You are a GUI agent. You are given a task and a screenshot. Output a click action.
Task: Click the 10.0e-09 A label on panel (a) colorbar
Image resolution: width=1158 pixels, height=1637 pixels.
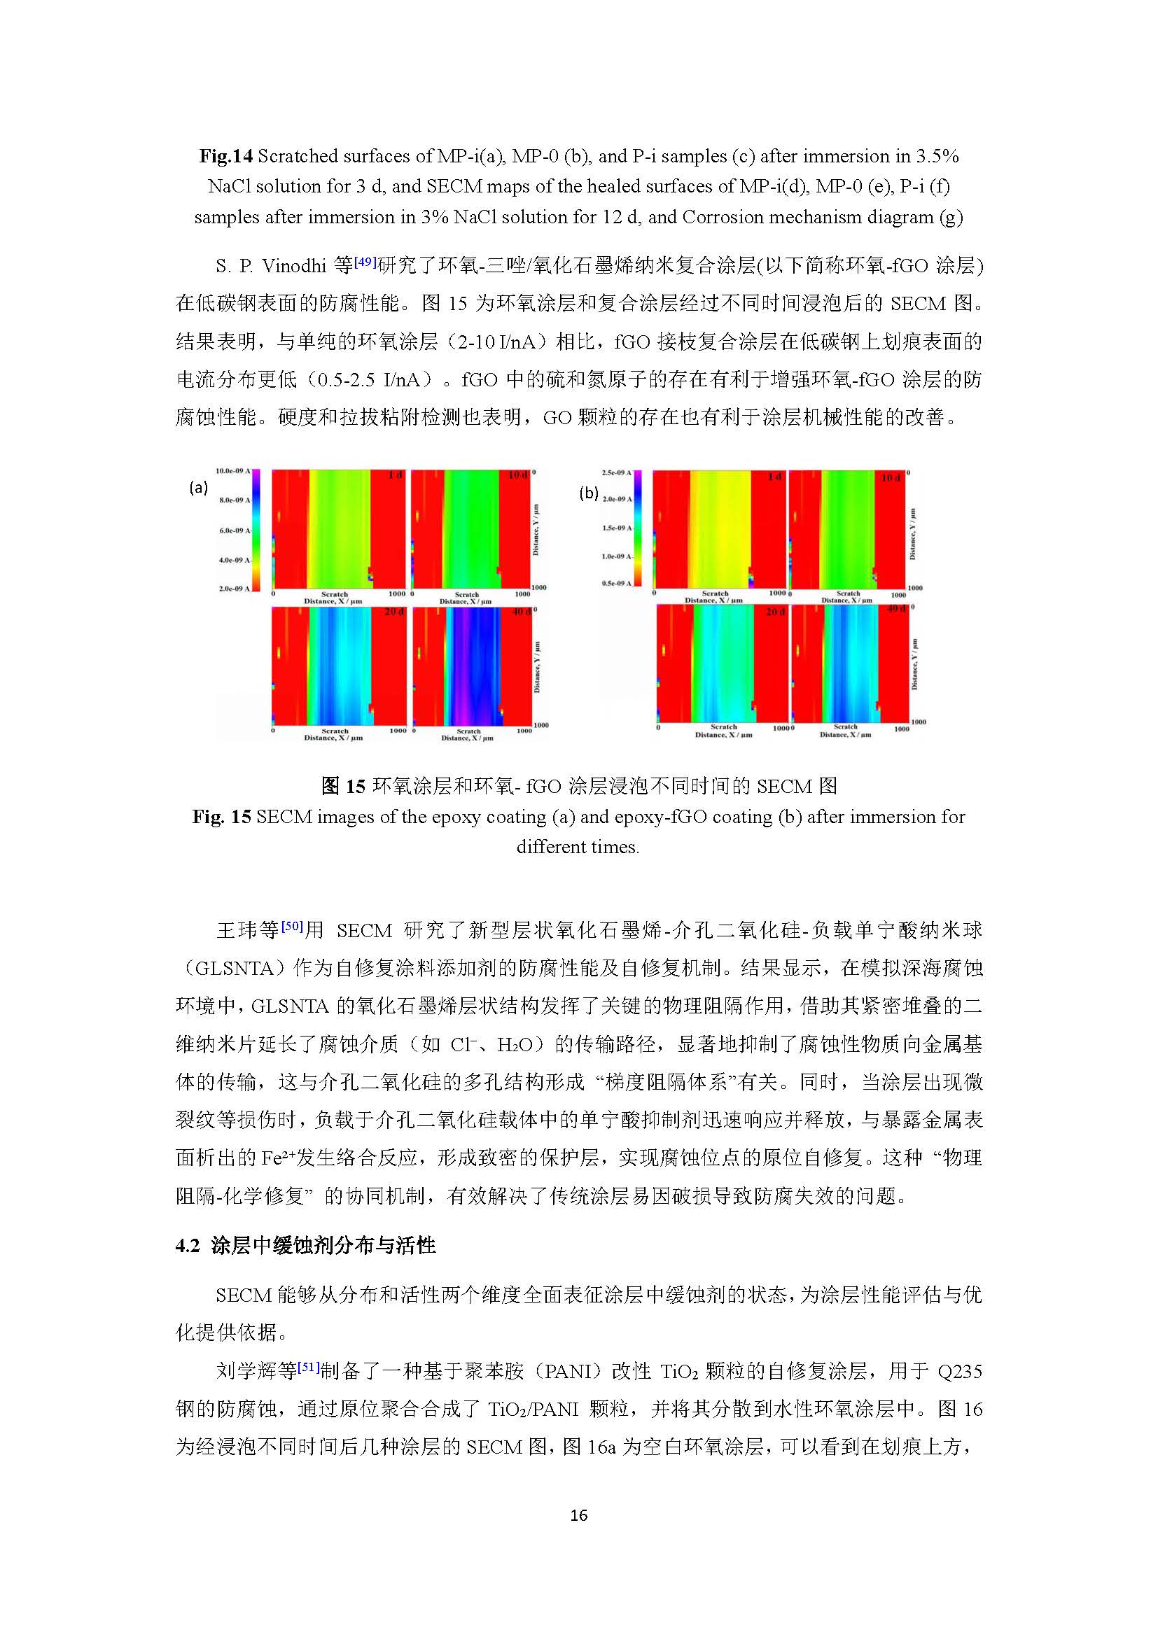click(232, 470)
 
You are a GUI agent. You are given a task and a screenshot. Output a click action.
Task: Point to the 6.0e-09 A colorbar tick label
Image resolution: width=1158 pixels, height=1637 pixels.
click(235, 531)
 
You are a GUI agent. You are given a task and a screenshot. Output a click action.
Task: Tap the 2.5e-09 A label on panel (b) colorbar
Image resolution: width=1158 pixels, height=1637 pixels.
click(616, 472)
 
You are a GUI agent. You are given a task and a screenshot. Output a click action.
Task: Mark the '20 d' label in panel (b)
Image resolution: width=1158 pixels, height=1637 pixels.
click(774, 612)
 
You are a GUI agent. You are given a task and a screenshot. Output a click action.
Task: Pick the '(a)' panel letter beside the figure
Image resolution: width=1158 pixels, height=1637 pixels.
click(198, 487)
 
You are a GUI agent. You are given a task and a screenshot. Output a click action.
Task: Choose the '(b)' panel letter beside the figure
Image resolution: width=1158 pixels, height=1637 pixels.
click(588, 493)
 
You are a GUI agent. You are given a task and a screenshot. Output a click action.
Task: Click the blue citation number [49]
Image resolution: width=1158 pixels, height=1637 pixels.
click(365, 262)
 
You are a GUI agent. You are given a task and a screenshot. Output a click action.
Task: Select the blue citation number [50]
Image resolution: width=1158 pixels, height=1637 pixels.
click(293, 927)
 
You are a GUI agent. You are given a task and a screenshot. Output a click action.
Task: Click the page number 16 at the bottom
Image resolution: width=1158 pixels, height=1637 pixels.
click(578, 1515)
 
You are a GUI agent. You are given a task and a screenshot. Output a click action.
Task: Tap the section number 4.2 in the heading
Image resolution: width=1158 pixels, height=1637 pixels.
click(188, 1246)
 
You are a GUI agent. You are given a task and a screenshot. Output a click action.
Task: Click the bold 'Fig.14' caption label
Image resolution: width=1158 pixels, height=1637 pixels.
click(226, 156)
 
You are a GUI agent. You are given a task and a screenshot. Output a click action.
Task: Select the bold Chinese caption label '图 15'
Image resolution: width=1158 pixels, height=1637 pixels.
click(343, 786)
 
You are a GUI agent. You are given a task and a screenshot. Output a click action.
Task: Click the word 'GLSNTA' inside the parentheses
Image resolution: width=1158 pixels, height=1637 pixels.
click(237, 968)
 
